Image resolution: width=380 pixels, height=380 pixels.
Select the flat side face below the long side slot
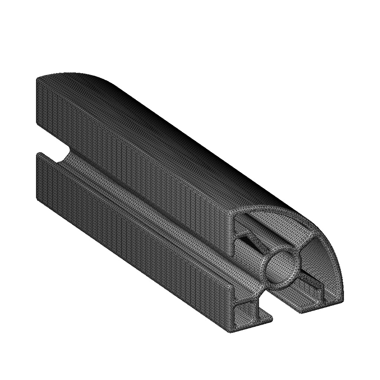pyautogui.click(x=130, y=241)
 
